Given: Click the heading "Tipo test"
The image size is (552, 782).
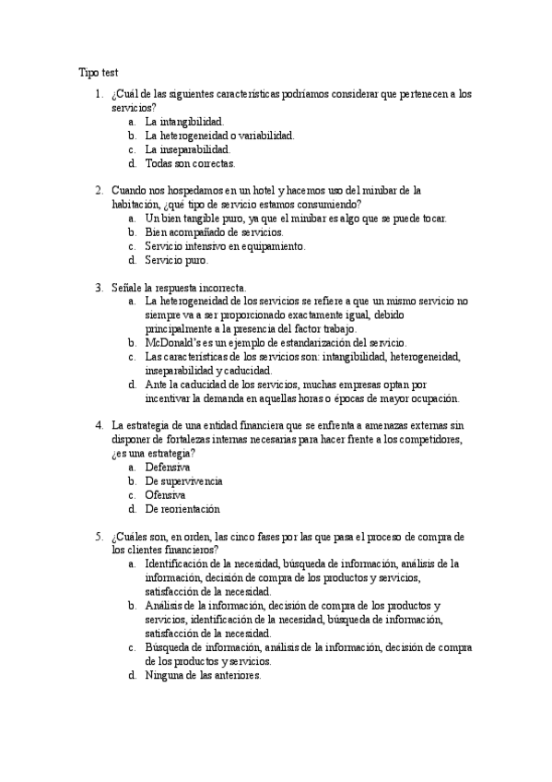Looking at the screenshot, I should click(x=99, y=72).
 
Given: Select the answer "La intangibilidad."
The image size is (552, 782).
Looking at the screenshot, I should click(x=184, y=121).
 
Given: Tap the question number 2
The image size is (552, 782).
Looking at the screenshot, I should click(x=99, y=190).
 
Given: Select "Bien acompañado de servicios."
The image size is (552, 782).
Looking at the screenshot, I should click(x=201, y=232).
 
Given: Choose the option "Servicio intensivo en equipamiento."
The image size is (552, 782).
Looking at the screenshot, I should click(x=225, y=246).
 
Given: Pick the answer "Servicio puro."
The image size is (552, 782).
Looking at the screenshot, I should click(x=176, y=260).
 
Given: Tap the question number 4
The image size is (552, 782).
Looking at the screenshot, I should click(x=99, y=425).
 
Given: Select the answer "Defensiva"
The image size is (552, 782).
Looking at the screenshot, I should click(x=168, y=468).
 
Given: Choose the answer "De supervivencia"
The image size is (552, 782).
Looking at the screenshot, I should click(x=183, y=481).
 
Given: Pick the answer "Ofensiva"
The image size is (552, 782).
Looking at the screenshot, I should click(x=165, y=494).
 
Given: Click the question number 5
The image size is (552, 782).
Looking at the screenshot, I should click(x=99, y=536).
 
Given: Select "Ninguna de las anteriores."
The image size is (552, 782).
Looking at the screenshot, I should click(x=203, y=674).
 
